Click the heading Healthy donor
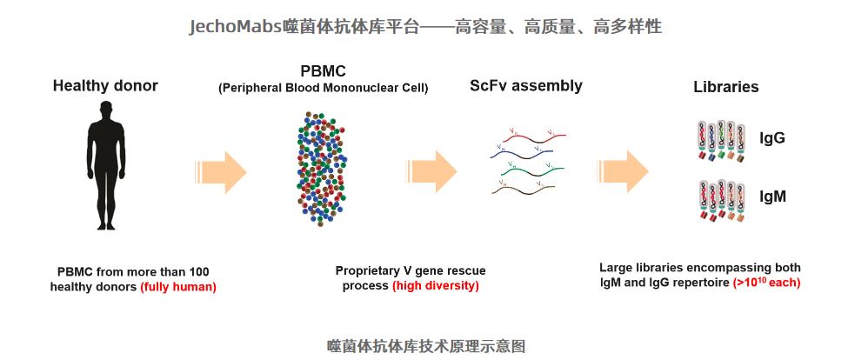tap(105, 86)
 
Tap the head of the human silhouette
tap(105, 110)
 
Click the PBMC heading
tap(323, 70)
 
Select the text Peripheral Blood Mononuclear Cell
tap(323, 88)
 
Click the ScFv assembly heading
tap(525, 86)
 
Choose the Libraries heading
tap(725, 87)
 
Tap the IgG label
tap(772, 138)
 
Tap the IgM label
tap(772, 197)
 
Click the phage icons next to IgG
tap(721, 142)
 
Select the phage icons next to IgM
tap(721, 200)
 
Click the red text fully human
tap(178, 287)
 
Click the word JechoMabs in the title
tap(236, 27)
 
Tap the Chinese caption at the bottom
tap(426, 345)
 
